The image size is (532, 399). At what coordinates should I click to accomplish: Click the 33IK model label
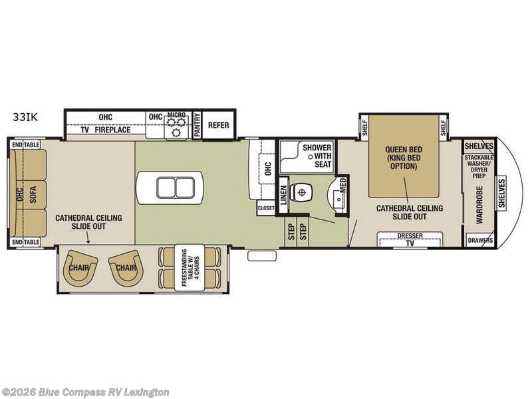pos(25,116)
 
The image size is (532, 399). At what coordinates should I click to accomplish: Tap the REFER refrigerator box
pos(219,125)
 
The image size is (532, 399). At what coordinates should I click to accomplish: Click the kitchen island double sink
pos(170,188)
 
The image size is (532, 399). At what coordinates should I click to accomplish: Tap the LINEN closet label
pos(283,197)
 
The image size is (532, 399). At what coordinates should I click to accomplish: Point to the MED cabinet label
pos(342,186)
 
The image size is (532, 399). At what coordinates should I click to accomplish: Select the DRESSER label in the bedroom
pos(410,235)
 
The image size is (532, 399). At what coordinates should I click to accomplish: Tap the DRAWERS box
pos(479,240)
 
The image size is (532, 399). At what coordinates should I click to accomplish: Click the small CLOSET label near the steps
pos(266,208)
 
